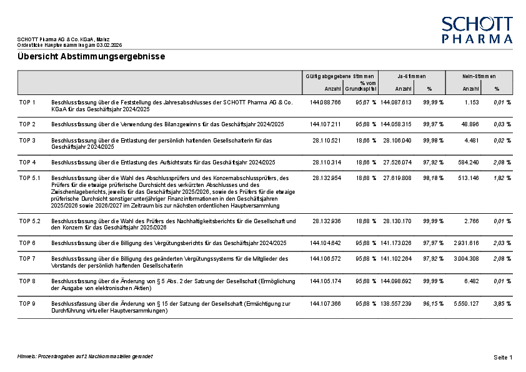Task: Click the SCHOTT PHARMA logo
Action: (477, 30)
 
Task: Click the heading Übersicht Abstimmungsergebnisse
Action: (91, 57)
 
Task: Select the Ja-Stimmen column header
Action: (411, 76)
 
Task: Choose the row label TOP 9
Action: (27, 304)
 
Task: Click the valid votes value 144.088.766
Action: (325, 101)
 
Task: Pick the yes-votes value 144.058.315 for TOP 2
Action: (396, 124)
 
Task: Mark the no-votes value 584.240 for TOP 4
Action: (469, 163)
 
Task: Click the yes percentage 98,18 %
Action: (433, 178)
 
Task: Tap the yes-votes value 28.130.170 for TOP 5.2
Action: (396, 221)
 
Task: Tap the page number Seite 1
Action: (503, 357)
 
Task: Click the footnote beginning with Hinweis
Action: (85, 356)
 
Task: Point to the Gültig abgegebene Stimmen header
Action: (340, 76)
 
